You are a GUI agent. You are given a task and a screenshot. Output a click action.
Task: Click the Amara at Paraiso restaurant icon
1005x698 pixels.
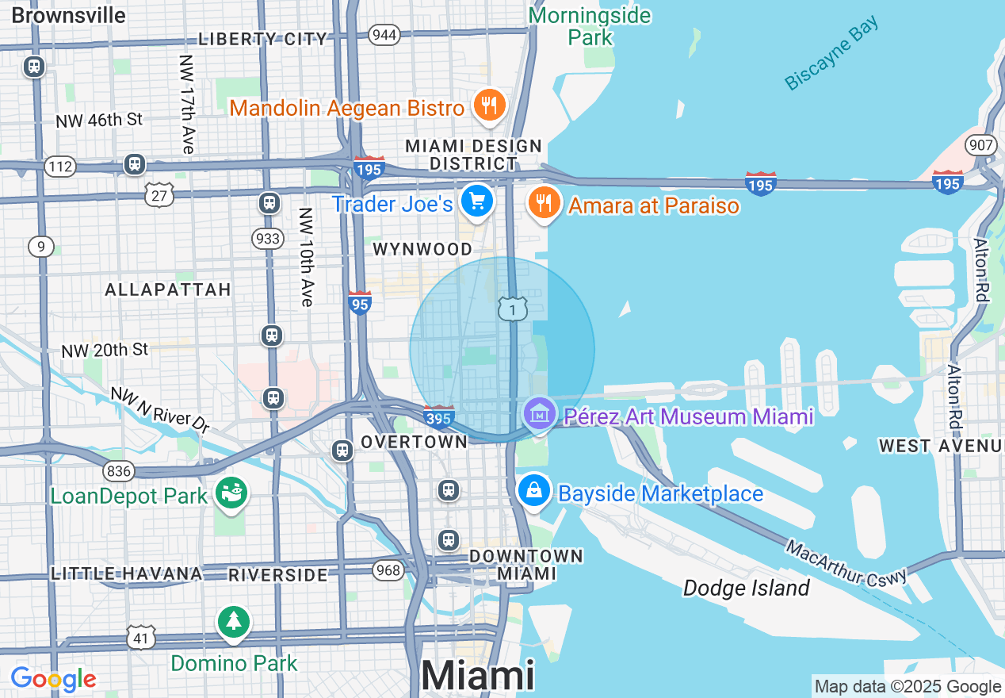544,204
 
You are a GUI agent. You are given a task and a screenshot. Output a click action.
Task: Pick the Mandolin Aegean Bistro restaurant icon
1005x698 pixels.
490,105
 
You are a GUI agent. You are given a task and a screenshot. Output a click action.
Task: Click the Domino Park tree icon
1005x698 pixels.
233,623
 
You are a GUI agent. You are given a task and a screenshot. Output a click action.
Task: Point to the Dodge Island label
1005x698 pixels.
746,588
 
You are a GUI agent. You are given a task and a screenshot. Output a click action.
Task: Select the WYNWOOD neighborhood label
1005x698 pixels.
422,249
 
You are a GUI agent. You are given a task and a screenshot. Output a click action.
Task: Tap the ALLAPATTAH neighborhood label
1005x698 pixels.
168,290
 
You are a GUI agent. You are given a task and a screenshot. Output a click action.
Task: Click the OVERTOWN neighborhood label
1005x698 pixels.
414,441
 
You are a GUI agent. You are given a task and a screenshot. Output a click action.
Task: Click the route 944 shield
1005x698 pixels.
384,34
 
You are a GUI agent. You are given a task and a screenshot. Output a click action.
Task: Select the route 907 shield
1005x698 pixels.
980,145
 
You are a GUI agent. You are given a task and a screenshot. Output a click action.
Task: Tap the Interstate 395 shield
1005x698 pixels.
438,416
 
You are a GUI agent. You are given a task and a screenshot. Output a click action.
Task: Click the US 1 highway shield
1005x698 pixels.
513,309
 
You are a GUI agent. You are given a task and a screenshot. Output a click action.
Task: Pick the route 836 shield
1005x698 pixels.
118,471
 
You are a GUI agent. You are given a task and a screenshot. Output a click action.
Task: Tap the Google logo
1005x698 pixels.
52,679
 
